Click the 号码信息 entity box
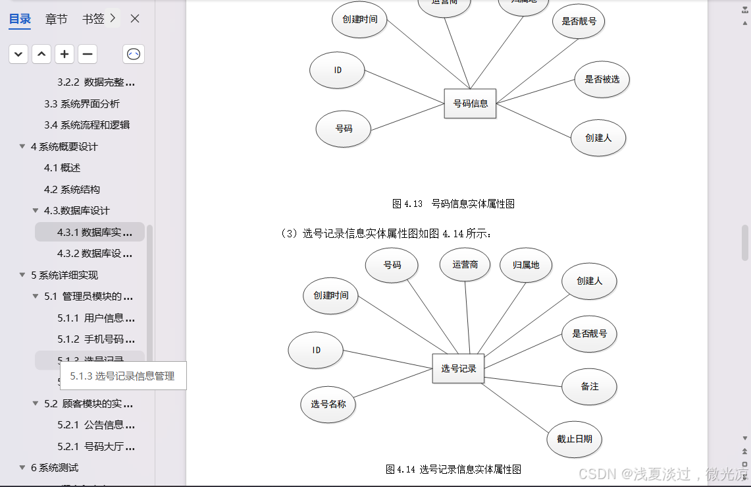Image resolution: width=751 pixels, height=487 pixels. [470, 103]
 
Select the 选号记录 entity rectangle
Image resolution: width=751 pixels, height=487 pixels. [458, 368]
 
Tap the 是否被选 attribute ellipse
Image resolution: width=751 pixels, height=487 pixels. [602, 79]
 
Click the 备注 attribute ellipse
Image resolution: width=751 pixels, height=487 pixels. [589, 386]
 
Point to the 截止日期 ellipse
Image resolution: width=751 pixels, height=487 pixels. [574, 439]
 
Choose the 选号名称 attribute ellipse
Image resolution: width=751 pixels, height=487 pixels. [328, 404]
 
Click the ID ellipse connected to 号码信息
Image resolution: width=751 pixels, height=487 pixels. [337, 69]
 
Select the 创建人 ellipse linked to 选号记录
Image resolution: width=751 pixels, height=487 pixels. [589, 281]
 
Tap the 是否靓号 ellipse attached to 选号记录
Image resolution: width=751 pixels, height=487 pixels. [589, 333]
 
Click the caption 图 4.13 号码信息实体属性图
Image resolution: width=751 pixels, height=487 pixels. [453, 204]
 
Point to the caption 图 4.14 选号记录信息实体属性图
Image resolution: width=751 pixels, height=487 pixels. [453, 469]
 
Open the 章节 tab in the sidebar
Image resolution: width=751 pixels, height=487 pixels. [56, 19]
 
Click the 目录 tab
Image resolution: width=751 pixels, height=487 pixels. [20, 19]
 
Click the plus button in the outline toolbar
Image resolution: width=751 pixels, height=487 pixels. [64, 54]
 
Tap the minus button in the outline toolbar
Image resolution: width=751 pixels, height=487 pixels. [88, 54]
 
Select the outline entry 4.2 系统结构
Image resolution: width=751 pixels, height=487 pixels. [72, 189]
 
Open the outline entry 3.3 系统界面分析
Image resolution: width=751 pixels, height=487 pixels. [82, 103]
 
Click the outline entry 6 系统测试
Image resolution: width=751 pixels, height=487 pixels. [55, 467]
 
